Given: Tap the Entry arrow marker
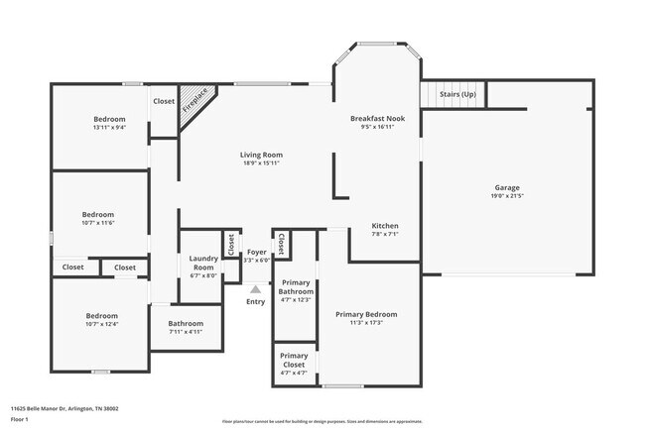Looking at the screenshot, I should [x=255, y=289].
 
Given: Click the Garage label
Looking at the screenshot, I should [x=507, y=187].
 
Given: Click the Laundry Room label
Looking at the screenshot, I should [x=202, y=264].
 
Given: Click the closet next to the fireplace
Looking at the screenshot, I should [x=164, y=101].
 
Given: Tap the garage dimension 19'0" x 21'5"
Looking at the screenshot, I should [x=507, y=196].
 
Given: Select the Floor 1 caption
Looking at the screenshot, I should [x=20, y=419].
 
